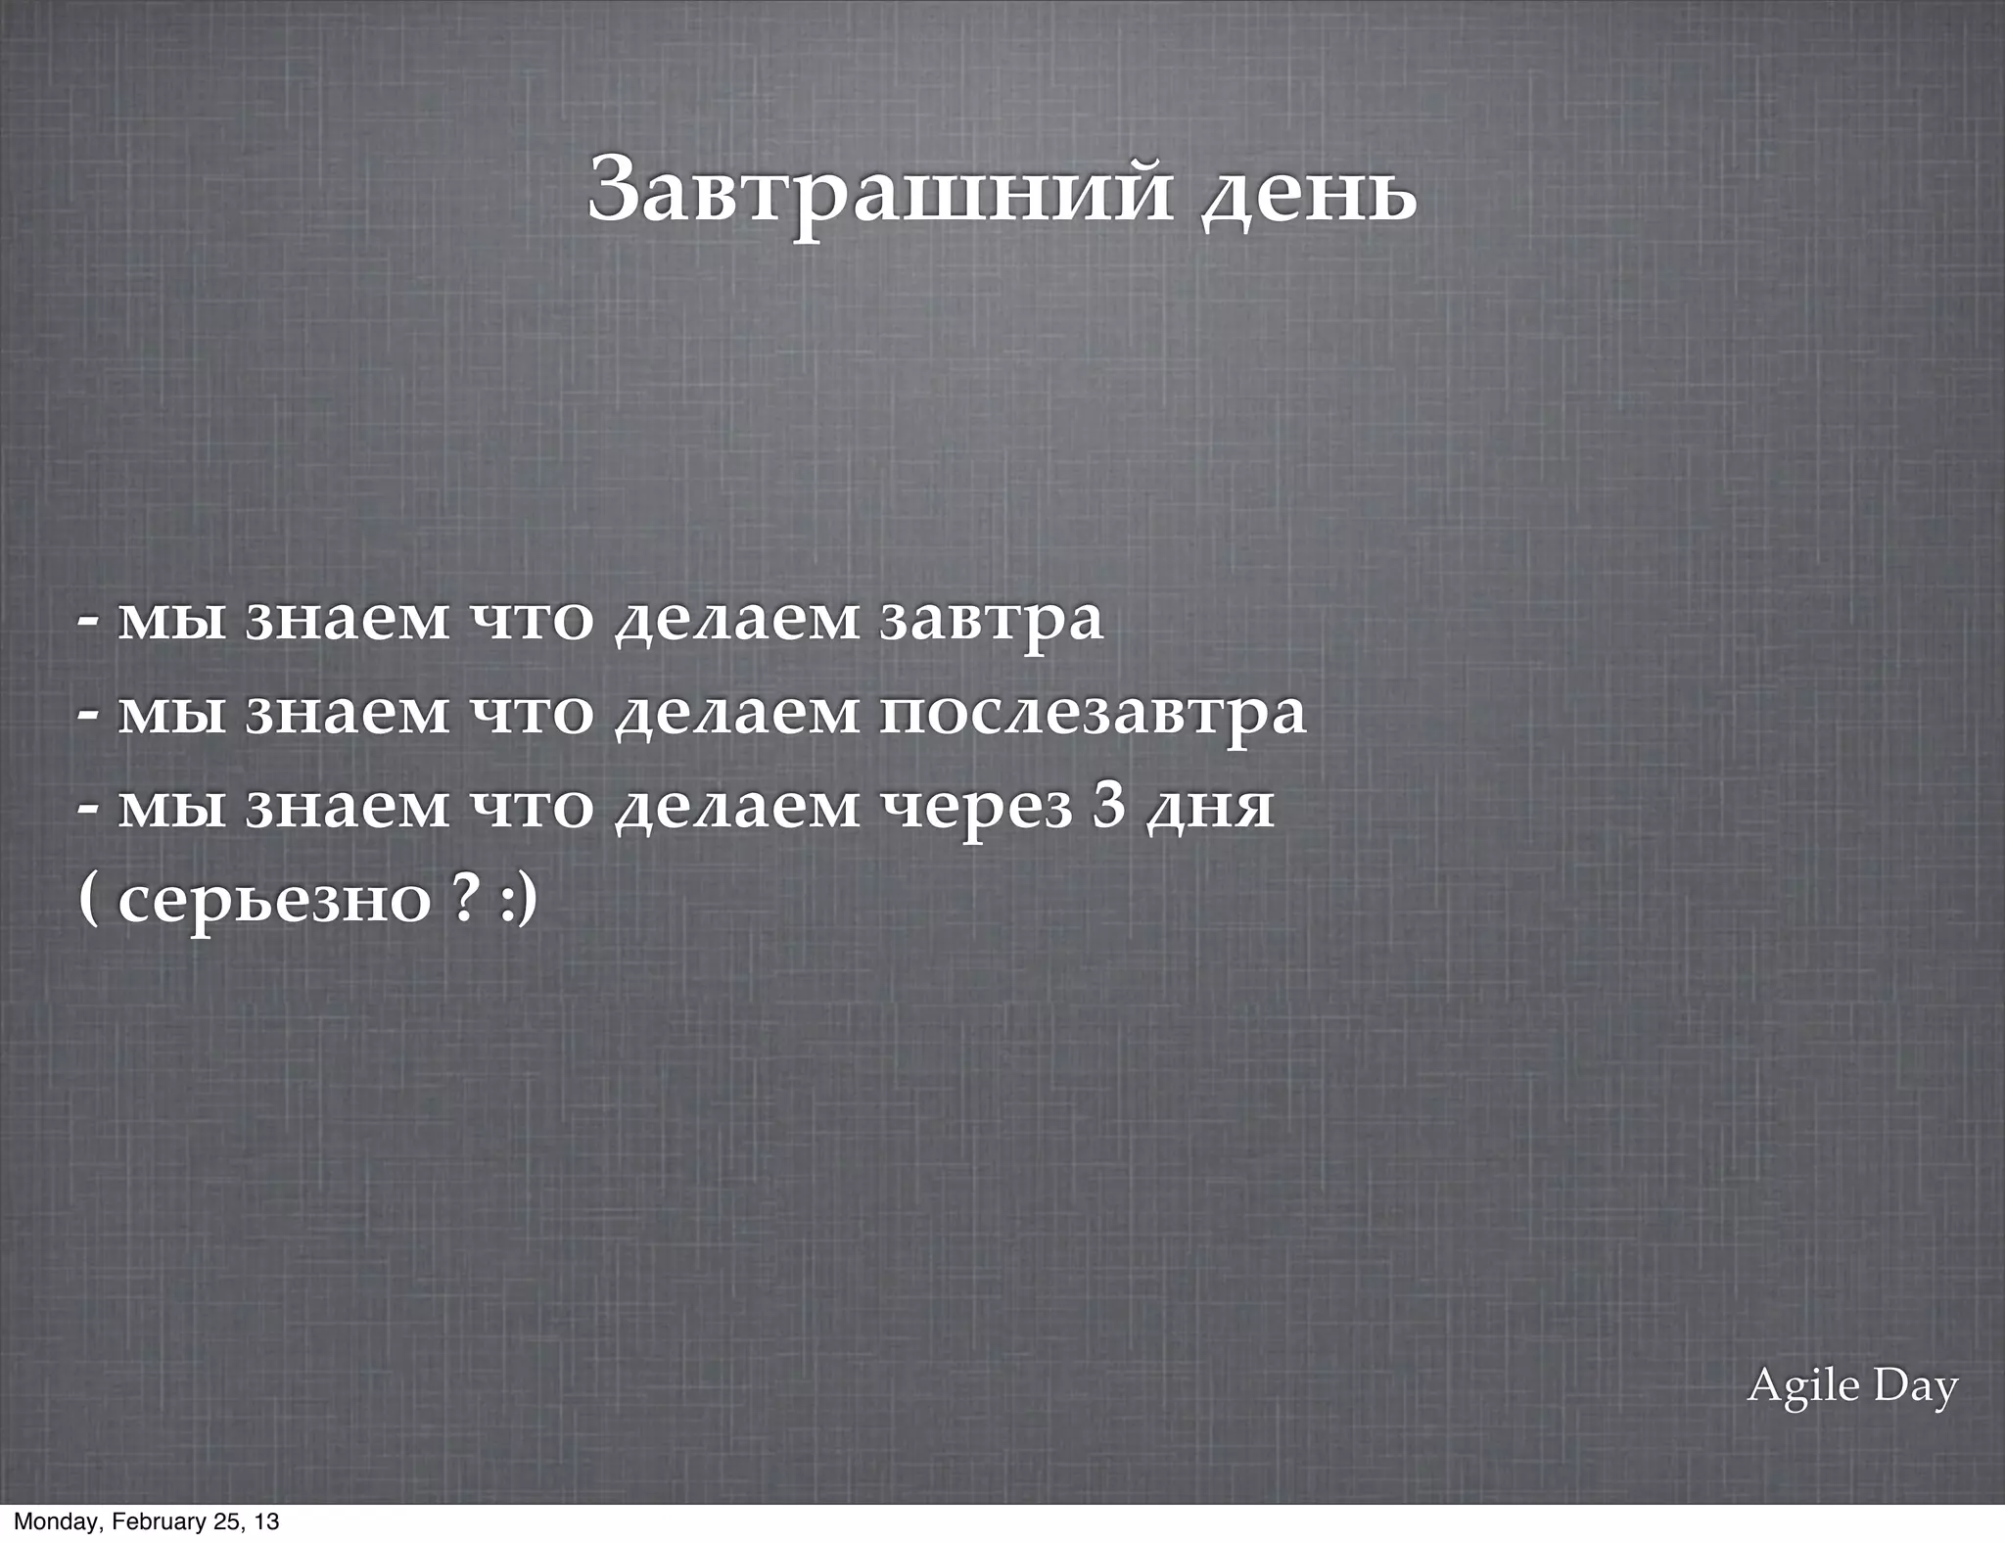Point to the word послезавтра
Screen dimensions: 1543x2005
1093,714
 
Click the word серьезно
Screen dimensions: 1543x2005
273,900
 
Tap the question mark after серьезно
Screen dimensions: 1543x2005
467,899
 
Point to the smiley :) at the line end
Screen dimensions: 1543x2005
519,900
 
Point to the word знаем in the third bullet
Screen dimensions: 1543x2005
347,809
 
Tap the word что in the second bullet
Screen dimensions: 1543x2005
533,715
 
